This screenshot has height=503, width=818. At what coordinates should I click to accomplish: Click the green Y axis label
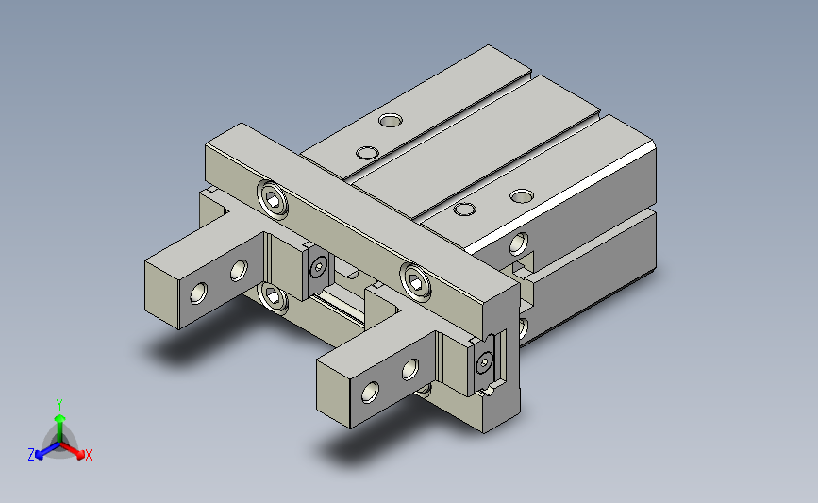[x=59, y=405]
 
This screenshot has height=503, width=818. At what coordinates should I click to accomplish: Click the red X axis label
[x=88, y=455]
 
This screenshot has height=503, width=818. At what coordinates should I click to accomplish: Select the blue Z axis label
[x=31, y=455]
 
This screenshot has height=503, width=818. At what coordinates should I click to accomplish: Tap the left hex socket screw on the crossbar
[x=273, y=199]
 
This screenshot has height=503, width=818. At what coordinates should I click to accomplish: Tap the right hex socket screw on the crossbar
[x=416, y=282]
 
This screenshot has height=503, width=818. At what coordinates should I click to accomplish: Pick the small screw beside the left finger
[x=319, y=268]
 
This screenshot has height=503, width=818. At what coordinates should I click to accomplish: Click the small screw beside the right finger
[x=485, y=361]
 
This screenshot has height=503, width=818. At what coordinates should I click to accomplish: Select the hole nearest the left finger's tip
[x=199, y=293]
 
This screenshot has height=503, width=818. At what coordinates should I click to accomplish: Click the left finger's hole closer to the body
[x=239, y=270]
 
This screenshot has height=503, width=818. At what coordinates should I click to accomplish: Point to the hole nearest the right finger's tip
[x=370, y=392]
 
